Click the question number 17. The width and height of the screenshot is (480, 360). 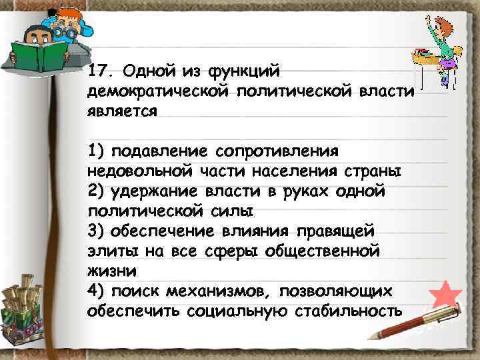coord(99,70)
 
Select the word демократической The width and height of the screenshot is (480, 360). coord(160,91)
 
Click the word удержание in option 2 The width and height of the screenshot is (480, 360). coord(151,191)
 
